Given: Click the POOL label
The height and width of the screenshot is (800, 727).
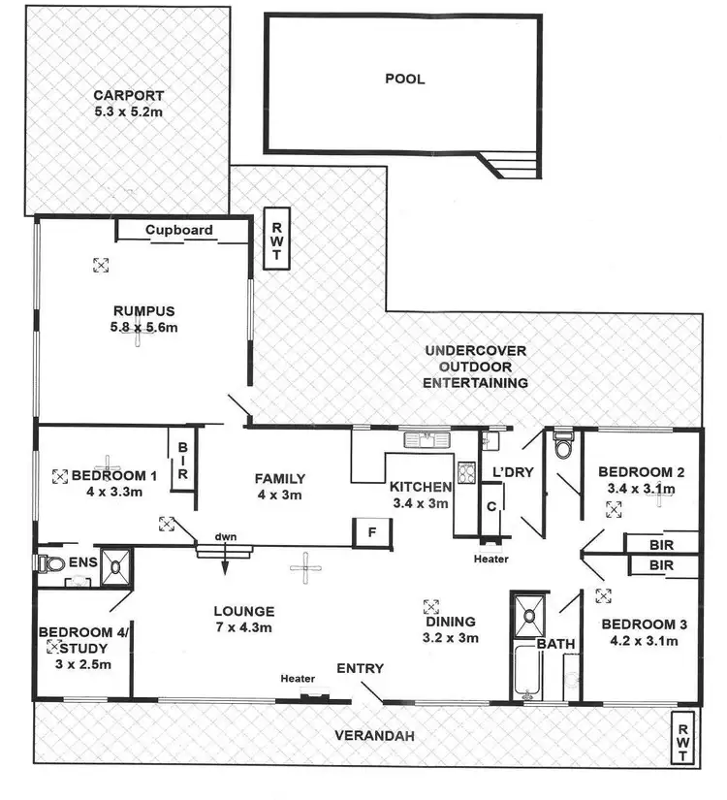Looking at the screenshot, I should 404,79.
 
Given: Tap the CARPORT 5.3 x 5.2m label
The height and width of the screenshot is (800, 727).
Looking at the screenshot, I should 128,104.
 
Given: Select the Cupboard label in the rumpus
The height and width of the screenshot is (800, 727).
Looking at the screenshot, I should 179,230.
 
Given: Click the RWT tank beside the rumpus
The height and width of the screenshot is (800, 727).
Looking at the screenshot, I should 275,237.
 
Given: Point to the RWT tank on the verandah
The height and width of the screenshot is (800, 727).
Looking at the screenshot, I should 685,737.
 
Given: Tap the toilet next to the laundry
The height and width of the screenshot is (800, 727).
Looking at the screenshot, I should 562,449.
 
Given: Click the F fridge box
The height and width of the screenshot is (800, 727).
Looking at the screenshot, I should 372,532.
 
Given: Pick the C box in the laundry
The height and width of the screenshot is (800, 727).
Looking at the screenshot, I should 491,506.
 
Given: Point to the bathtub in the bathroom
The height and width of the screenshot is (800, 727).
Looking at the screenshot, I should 526,669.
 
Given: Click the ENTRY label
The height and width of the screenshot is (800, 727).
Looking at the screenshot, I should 360,668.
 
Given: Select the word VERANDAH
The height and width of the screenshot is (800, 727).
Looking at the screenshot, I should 376,737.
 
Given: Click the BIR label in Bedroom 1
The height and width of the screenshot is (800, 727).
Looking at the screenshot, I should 182,462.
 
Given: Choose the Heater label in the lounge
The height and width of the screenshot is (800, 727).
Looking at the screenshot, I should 296,679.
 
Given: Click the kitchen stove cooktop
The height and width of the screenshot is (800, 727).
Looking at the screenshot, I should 465,475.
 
